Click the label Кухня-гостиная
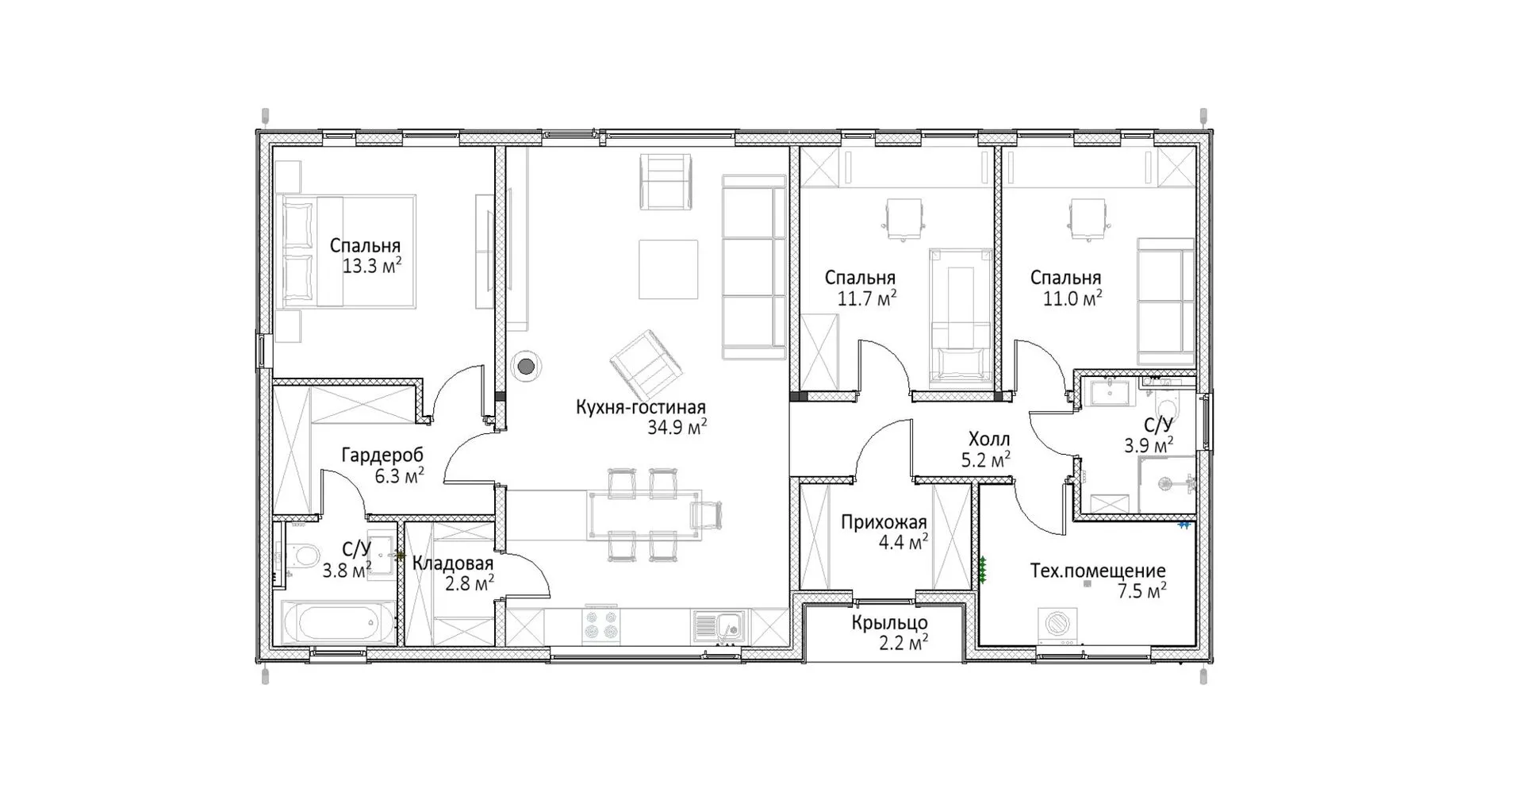coord(641,408)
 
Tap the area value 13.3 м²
coord(371,266)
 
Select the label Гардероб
coord(382,456)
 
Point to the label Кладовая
coord(453,563)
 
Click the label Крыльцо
coord(889,624)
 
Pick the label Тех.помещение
coord(1098,571)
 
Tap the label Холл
coord(989,440)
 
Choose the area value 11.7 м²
coord(867,298)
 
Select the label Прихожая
coord(884,523)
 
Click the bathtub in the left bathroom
coord(337,623)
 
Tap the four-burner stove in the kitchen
coord(600,625)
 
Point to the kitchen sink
coord(719,626)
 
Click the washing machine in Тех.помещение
coord(1057,625)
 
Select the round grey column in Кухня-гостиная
coord(525,367)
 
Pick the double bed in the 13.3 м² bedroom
coord(348,252)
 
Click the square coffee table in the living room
coord(669,269)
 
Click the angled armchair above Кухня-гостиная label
coord(646,366)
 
